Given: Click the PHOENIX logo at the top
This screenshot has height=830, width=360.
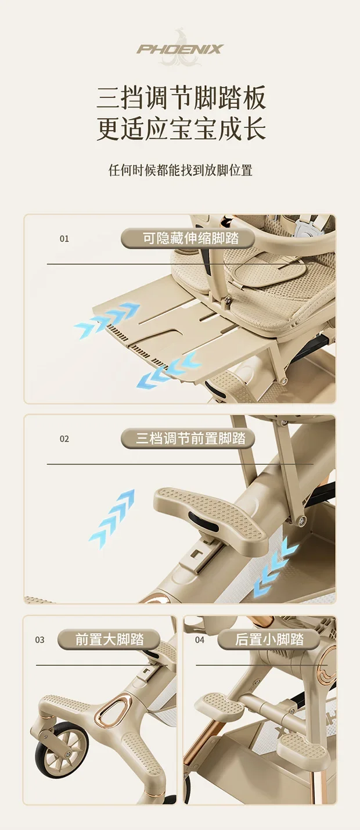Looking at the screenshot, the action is [181, 49].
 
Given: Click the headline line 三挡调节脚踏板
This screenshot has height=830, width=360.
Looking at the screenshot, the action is [181, 98].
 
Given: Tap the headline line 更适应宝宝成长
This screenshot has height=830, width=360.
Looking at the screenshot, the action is [181, 129].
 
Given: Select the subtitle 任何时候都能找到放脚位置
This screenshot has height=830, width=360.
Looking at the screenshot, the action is [181, 170].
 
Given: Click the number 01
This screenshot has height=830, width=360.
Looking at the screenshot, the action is [64, 239].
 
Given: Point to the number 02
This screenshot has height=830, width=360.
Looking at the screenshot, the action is [64, 439].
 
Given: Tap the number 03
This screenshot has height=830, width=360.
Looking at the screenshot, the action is [39, 639].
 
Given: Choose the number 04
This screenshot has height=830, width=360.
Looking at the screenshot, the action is [200, 639].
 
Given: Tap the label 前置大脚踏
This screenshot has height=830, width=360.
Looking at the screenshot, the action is [109, 639].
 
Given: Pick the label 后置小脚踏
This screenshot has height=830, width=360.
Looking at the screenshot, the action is [269, 639].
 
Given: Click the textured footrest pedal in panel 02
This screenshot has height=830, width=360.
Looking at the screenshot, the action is [210, 516].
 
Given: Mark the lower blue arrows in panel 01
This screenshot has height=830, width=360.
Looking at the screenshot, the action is [168, 370].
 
